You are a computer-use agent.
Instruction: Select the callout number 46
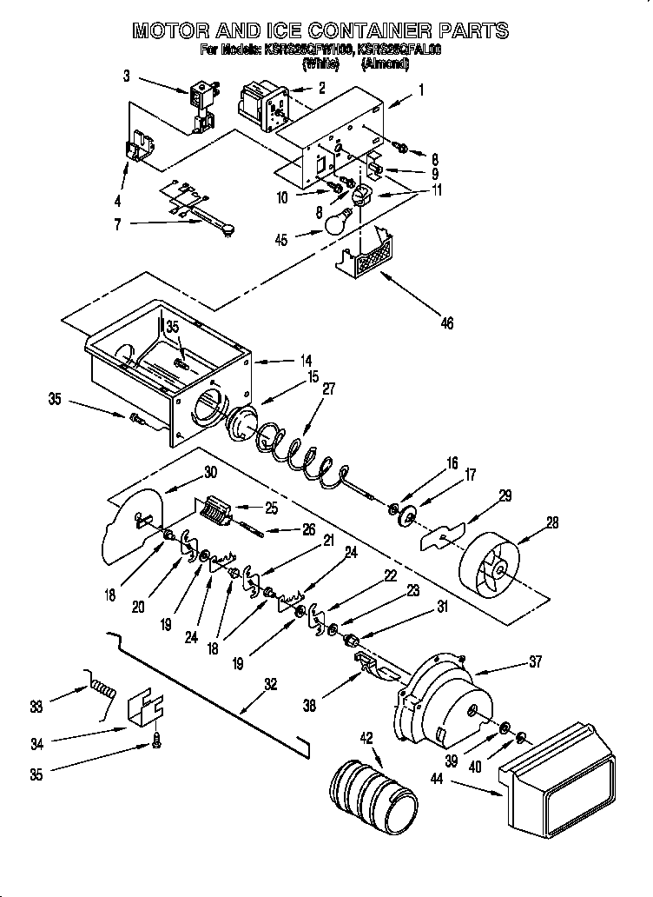point(445,324)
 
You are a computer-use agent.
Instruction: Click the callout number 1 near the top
point(421,89)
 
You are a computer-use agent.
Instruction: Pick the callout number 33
point(35,707)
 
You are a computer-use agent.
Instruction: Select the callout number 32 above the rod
point(270,684)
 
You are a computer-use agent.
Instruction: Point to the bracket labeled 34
point(146,711)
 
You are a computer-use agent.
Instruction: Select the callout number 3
point(127,76)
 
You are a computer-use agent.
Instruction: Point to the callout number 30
point(209,473)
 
